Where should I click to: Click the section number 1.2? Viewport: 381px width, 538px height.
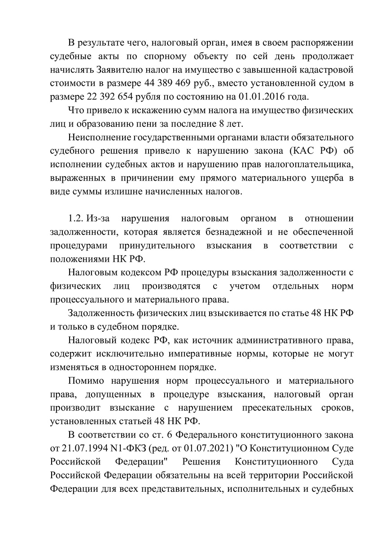pos(76,219)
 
